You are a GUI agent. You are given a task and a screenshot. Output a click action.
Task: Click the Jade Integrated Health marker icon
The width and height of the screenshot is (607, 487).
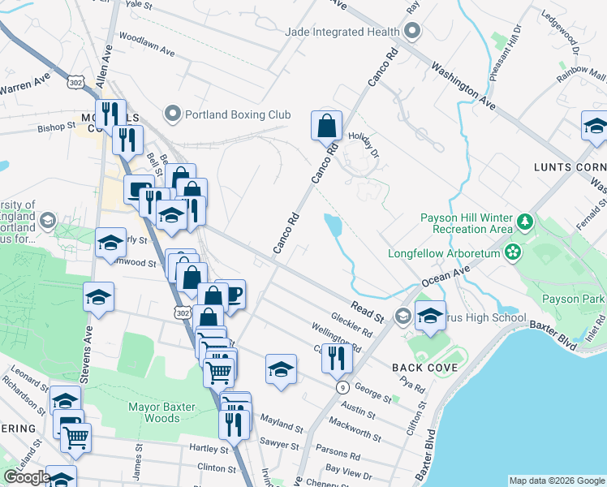tap(411, 32)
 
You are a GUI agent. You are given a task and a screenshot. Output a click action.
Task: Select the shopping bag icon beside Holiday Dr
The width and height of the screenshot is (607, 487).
tap(326, 127)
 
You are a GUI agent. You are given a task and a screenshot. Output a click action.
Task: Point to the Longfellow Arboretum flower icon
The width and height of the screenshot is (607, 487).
tap(512, 252)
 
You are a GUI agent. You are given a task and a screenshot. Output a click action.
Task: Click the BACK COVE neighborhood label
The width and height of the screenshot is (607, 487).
tap(424, 368)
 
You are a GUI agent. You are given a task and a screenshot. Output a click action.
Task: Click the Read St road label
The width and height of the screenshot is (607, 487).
tap(368, 311)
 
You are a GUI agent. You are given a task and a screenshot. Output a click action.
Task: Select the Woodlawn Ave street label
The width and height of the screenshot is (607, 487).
tap(147, 44)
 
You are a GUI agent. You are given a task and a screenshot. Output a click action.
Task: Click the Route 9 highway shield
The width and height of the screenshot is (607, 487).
tap(342, 387)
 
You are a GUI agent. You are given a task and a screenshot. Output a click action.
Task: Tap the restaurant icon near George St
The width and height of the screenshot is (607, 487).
tap(336, 357)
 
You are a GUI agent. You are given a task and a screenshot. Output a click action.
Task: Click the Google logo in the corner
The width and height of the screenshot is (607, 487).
tap(27, 477)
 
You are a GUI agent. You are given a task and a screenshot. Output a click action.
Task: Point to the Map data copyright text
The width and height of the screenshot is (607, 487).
tap(556, 481)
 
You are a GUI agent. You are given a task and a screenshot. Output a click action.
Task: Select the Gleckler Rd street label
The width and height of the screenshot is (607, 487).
tap(351, 325)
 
